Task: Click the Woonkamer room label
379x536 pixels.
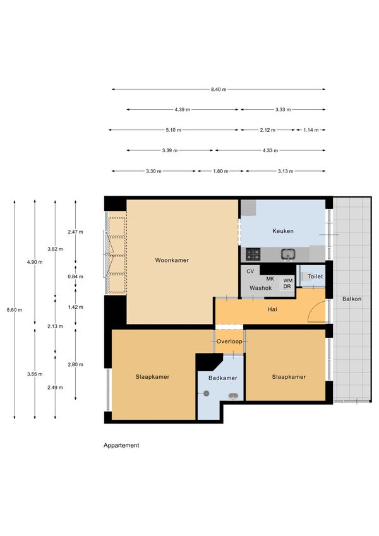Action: [x=172, y=260]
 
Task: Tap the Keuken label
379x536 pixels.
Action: [x=283, y=231]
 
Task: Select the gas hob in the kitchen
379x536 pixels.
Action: [x=253, y=254]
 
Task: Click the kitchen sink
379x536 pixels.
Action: [x=288, y=254]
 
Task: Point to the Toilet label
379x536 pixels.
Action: [x=315, y=276]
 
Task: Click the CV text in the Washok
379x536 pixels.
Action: [x=250, y=271]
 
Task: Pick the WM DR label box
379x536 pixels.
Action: [x=287, y=283]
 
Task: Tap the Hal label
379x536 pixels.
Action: [x=272, y=309]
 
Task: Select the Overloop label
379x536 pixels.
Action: [x=229, y=341]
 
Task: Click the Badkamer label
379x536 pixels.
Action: [x=223, y=378]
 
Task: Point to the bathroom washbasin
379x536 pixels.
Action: [x=233, y=396]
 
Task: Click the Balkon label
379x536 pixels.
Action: [x=352, y=299]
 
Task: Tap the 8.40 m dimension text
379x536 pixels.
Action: [x=219, y=90]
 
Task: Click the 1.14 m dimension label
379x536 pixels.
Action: [x=311, y=130]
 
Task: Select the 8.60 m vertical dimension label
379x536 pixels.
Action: [x=15, y=310]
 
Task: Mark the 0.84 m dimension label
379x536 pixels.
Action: [x=75, y=277]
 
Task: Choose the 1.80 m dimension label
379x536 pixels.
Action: [x=220, y=171]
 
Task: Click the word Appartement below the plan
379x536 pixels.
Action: [x=121, y=446]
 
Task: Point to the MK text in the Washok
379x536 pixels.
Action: [x=270, y=279]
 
